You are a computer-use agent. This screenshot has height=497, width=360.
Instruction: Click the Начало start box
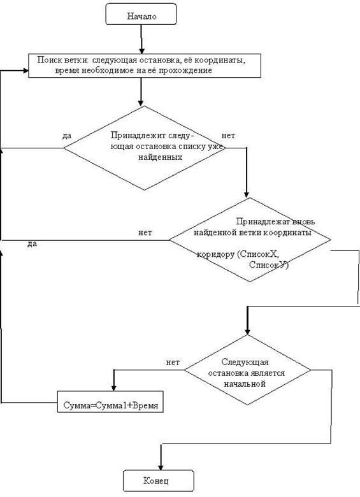pyautogui.click(x=141, y=14)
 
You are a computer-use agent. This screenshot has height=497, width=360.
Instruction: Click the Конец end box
pyautogui.click(x=158, y=480)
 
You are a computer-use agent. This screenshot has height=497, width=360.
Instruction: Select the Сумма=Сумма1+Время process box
pyautogui.click(x=110, y=401)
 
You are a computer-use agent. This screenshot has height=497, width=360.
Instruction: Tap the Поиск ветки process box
pyautogui.click(x=145, y=66)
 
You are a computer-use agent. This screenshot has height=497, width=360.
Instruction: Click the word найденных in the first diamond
pyautogui.click(x=160, y=157)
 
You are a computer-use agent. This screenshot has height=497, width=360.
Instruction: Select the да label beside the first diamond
pyautogui.click(x=67, y=136)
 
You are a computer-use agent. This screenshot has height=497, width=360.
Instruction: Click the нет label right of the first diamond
pyautogui.click(x=228, y=136)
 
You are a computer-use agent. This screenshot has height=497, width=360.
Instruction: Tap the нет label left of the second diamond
pyautogui.click(x=145, y=233)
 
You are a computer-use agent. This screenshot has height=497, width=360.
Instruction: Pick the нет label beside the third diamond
pyautogui.click(x=173, y=363)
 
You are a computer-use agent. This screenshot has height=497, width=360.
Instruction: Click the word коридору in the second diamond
pyautogui.click(x=215, y=254)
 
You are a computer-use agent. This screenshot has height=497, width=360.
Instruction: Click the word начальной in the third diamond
pyautogui.click(x=245, y=384)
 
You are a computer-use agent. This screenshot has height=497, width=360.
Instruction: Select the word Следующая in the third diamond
pyautogui.click(x=245, y=363)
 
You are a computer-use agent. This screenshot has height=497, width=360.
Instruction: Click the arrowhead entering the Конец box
pyautogui.click(x=161, y=467)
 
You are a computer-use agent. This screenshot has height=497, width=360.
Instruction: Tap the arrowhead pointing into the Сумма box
pyautogui.click(x=114, y=387)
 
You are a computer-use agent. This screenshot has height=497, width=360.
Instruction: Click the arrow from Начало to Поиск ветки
pyautogui.click(x=141, y=39)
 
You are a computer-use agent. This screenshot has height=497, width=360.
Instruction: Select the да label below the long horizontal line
pyautogui.click(x=32, y=244)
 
